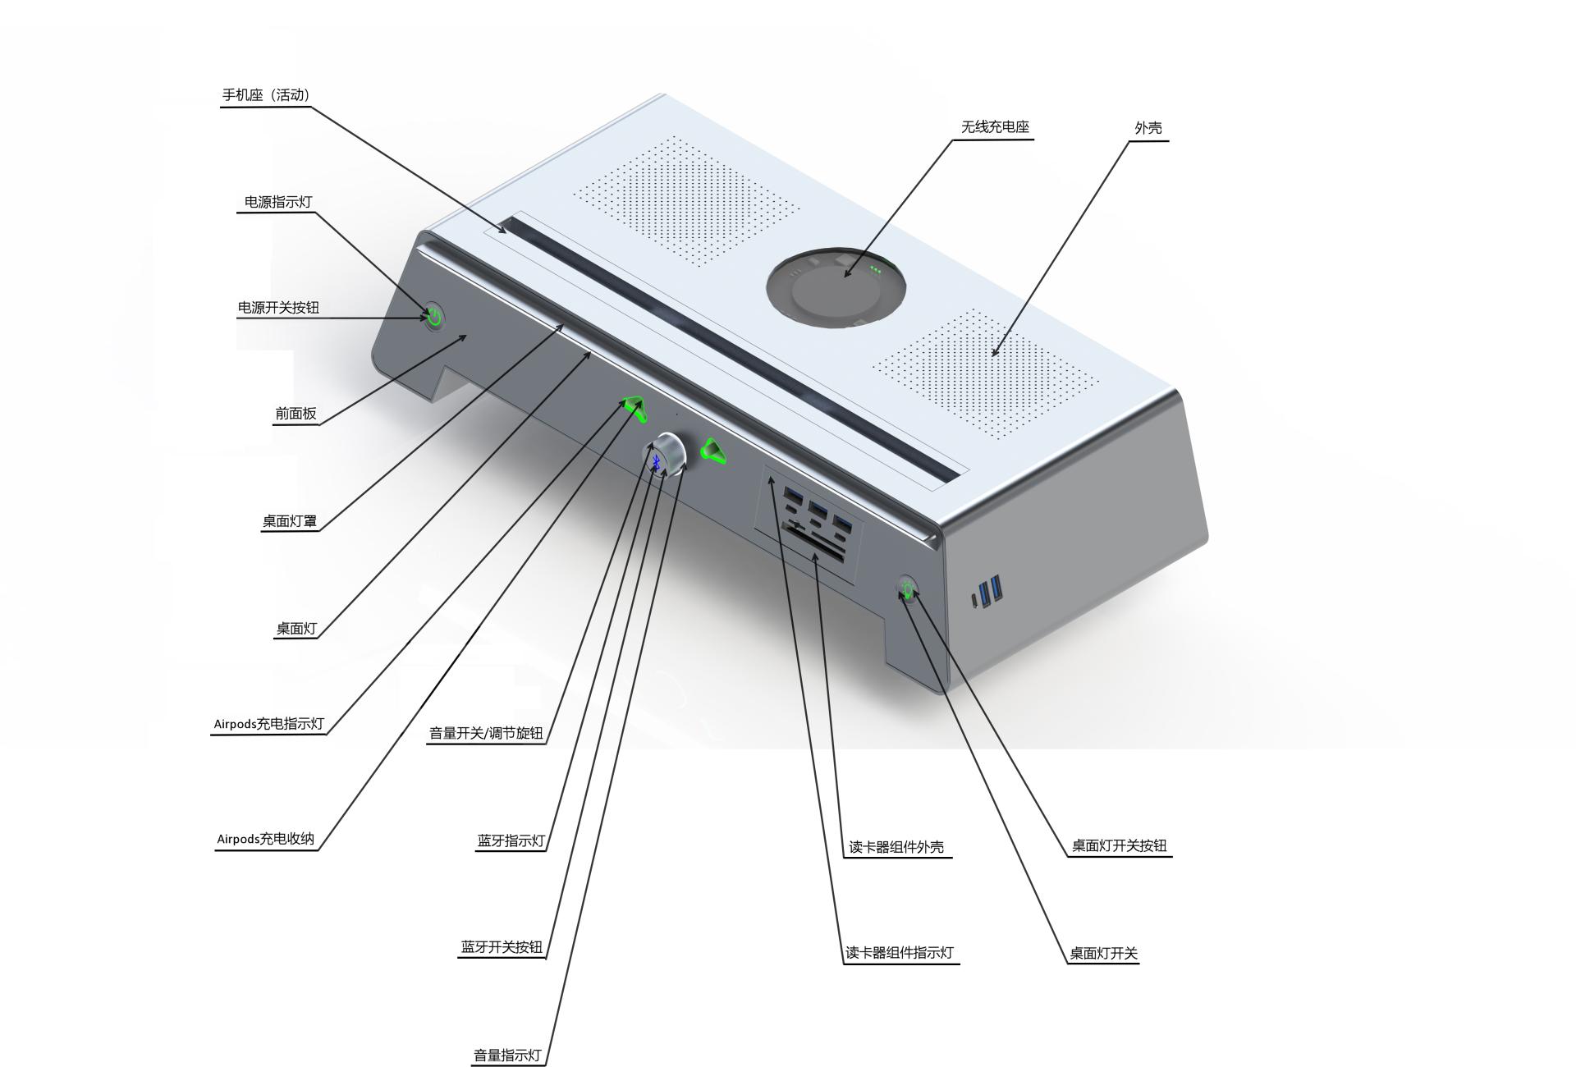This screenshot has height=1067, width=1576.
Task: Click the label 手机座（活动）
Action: [x=266, y=95]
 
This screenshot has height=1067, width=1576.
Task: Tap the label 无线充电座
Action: [x=995, y=127]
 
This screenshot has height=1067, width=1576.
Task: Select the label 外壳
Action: [x=1148, y=128]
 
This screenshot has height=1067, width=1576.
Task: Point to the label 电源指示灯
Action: [x=278, y=202]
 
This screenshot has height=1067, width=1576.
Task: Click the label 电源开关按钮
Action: [x=278, y=308]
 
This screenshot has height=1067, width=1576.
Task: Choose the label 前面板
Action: [x=295, y=414]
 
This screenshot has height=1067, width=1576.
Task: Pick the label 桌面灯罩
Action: [x=289, y=521]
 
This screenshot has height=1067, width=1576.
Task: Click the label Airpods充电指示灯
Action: [x=268, y=724]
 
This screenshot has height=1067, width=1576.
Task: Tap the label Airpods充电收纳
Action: [x=265, y=839]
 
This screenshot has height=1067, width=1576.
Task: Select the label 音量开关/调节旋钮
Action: [x=486, y=733]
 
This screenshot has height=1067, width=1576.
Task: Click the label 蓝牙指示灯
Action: [x=511, y=840]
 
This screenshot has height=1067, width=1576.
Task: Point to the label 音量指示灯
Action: [x=507, y=1056]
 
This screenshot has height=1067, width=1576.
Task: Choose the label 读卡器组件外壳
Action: [x=896, y=847]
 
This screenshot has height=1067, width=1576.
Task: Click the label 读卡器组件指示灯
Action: [x=900, y=953]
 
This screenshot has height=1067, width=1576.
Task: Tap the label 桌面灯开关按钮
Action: [x=1119, y=845]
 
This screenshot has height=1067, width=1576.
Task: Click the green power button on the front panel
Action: [x=433, y=316]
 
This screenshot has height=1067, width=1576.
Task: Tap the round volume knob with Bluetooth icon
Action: [x=665, y=455]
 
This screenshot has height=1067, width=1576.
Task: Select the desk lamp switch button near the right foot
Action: [x=907, y=588]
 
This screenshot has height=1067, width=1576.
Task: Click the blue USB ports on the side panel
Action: [x=992, y=591]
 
